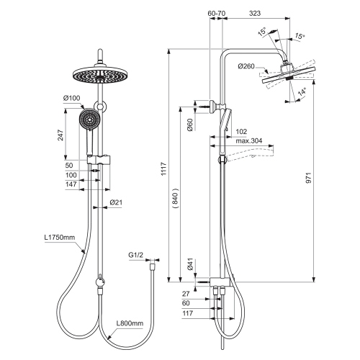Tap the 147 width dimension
72,185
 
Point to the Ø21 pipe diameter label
115,202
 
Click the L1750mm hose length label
59,238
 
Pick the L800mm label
130,325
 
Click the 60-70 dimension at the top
215,13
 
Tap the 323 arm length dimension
254,13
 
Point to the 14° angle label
303,92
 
